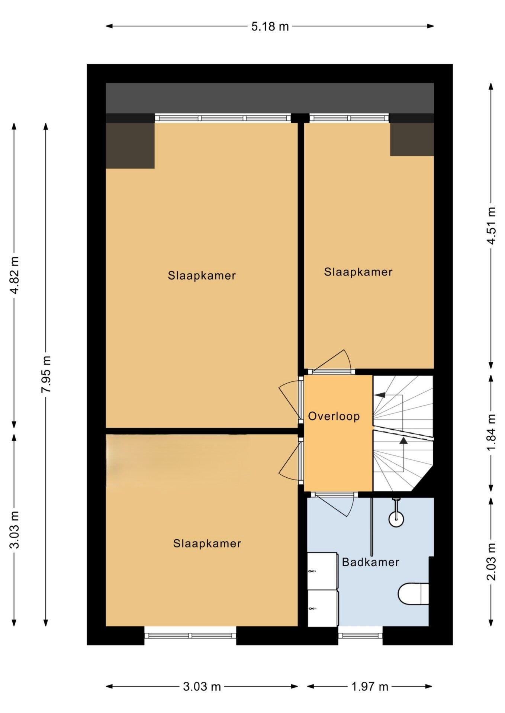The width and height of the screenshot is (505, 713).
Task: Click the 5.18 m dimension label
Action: tap(270, 27)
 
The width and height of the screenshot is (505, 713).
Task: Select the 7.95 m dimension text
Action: tap(46, 374)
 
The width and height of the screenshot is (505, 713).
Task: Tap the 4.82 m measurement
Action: tap(15, 275)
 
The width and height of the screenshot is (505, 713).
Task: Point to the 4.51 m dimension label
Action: tap(492, 225)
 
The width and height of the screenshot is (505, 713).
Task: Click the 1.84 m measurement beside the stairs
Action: tap(492, 432)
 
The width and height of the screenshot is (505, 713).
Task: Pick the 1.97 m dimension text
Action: tap(370, 686)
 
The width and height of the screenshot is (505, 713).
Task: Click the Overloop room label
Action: tap(334, 416)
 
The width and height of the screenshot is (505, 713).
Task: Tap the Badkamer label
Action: tap(370, 562)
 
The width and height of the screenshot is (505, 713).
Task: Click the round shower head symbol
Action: tap(396, 519)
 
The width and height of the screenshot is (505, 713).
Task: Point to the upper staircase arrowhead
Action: tap(380, 395)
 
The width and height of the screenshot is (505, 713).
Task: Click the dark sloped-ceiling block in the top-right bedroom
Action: tap(412, 139)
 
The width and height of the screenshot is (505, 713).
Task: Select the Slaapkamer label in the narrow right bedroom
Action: tap(358, 272)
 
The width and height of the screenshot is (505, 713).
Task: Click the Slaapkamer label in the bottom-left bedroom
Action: tap(207, 543)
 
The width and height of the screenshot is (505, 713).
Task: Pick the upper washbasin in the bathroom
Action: tap(322, 570)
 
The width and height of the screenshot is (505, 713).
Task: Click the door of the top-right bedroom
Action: tap(331, 371)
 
